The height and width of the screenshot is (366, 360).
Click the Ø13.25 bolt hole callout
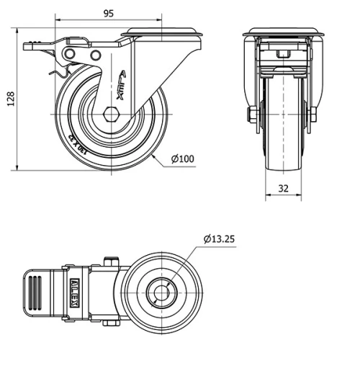[220, 238]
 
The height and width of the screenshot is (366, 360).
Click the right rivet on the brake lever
[94, 55]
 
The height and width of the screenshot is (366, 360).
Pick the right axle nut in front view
[312, 115]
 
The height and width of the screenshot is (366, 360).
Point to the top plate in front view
[281, 33]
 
